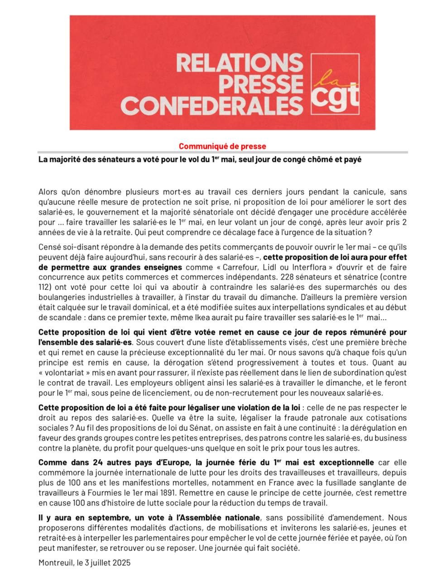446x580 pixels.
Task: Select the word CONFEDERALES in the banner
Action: click(x=212, y=106)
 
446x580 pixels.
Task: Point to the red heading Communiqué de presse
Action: click(x=222, y=146)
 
